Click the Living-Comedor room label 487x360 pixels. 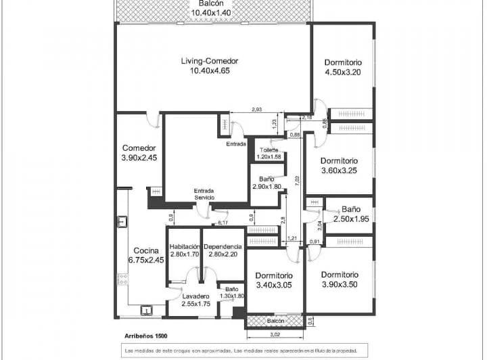pyautogui.click(x=210, y=66)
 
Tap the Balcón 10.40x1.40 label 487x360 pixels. pyautogui.click(x=211, y=8)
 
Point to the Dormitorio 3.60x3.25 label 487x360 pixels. pyautogui.click(x=339, y=166)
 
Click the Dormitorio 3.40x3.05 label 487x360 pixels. pyautogui.click(x=274, y=281)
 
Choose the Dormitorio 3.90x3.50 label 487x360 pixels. pyautogui.click(x=339, y=279)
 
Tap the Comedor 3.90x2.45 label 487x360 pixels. pyautogui.click(x=139, y=153)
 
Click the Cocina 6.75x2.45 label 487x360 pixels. pyautogui.click(x=146, y=255)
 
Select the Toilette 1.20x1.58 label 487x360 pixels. pyautogui.click(x=269, y=154)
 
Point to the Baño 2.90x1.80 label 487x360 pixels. pyautogui.click(x=266, y=183)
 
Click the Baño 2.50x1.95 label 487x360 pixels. pyautogui.click(x=350, y=214)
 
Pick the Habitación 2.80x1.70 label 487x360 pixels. pyautogui.click(x=185, y=250)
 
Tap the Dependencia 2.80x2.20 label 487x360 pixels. pyautogui.click(x=223, y=250)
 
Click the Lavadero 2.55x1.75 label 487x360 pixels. pyautogui.click(x=196, y=300)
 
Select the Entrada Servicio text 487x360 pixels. pyautogui.click(x=204, y=194)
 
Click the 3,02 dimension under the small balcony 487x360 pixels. pyautogui.click(x=275, y=334)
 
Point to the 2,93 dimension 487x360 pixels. pyautogui.click(x=257, y=110)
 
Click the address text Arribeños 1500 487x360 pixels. pyautogui.click(x=146, y=336)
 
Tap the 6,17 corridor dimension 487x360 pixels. pyautogui.click(x=223, y=222)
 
